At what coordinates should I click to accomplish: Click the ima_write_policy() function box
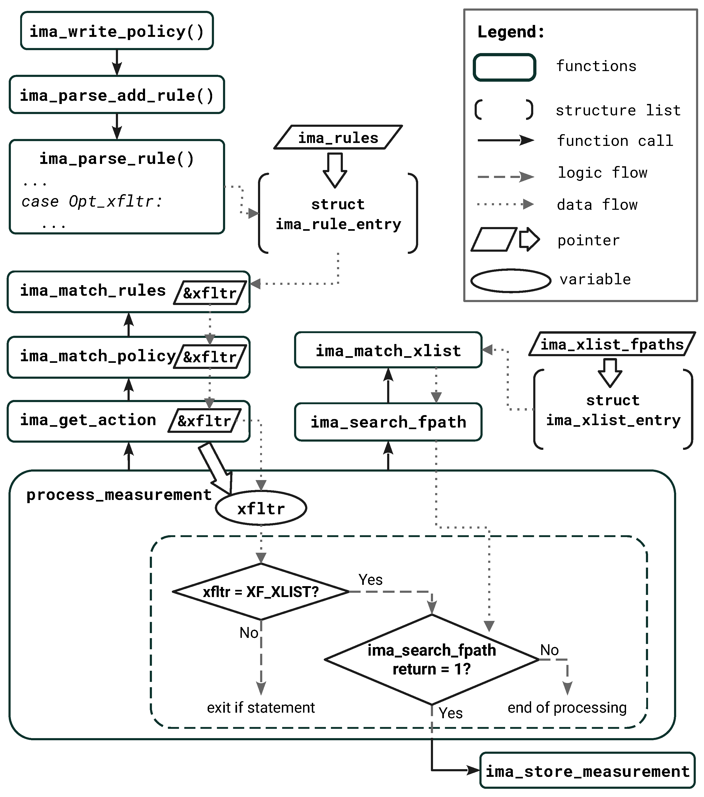pyautogui.click(x=117, y=31)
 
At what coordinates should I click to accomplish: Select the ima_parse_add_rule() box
pyautogui.click(x=117, y=95)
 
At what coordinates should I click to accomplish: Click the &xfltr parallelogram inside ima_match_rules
pyautogui.click(x=210, y=293)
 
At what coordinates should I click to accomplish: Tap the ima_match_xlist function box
pyautogui.click(x=388, y=350)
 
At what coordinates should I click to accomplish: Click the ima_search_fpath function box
pyautogui.click(x=388, y=422)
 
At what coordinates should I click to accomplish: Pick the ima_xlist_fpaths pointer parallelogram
pyautogui.click(x=612, y=344)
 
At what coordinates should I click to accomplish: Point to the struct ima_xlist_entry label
pyautogui.click(x=613, y=410)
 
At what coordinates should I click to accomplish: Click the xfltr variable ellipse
pyautogui.click(x=261, y=508)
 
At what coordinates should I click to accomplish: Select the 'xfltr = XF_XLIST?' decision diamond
pyautogui.click(x=261, y=592)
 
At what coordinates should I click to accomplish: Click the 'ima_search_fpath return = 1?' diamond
pyautogui.click(x=431, y=659)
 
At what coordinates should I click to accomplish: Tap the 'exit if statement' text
pyautogui.click(x=261, y=707)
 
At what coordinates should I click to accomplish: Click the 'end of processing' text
pyautogui.click(x=567, y=707)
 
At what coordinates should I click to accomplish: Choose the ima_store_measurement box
pyautogui.click(x=587, y=771)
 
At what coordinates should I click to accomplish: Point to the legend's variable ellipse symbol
pyautogui.click(x=511, y=280)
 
